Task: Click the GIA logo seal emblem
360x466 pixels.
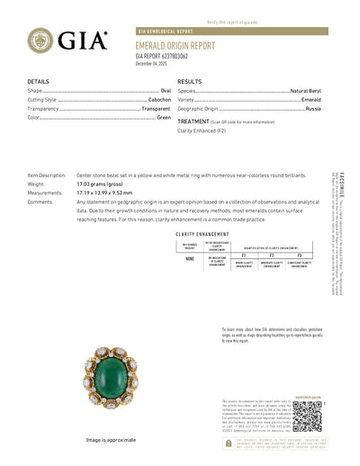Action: coord(40,40)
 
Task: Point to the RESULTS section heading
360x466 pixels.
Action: coord(189,81)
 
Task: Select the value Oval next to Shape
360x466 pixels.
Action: coord(166,92)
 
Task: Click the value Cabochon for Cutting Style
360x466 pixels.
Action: coord(158,100)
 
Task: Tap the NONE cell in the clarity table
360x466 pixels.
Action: coord(191,257)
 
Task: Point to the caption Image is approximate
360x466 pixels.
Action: coord(113,440)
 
